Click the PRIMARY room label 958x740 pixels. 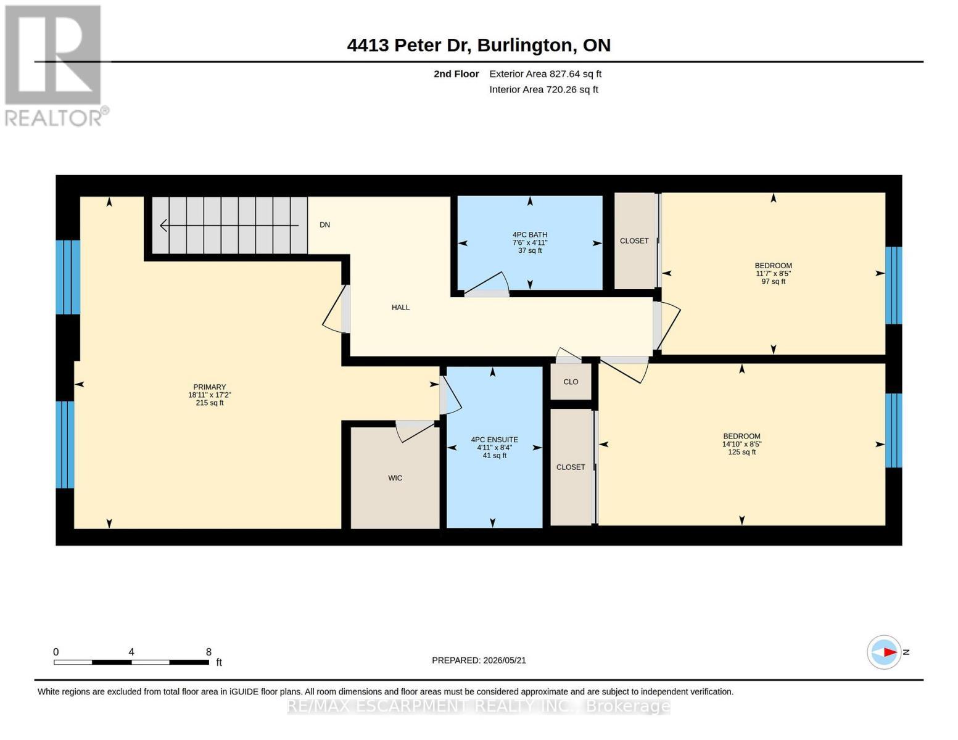coord(209,387)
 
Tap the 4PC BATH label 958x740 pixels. coord(530,235)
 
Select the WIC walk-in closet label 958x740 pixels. coord(395,478)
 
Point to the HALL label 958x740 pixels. coord(400,308)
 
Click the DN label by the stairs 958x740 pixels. coord(324,225)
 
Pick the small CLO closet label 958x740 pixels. coord(571,382)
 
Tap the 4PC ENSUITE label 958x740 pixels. coord(494,440)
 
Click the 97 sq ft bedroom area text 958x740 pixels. coord(774,282)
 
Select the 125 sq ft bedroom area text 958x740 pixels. coord(741,452)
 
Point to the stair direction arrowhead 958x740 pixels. coord(163,225)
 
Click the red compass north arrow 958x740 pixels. coord(890,652)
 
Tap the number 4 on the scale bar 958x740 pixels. coord(131,652)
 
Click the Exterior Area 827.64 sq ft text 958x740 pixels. coord(545,74)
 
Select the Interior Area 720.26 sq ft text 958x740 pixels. coord(543,89)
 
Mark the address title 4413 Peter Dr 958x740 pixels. coord(407,46)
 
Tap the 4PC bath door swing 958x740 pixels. coord(487,284)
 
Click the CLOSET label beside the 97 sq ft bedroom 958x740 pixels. coord(634,241)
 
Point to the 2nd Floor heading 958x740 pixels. coord(456,74)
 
